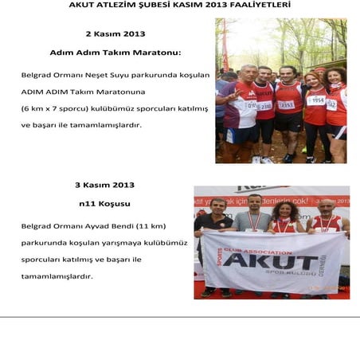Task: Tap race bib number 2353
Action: (286, 104)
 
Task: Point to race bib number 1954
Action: (316, 100)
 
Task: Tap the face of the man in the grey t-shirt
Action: (254, 202)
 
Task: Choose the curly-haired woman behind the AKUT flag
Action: (284, 215)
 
